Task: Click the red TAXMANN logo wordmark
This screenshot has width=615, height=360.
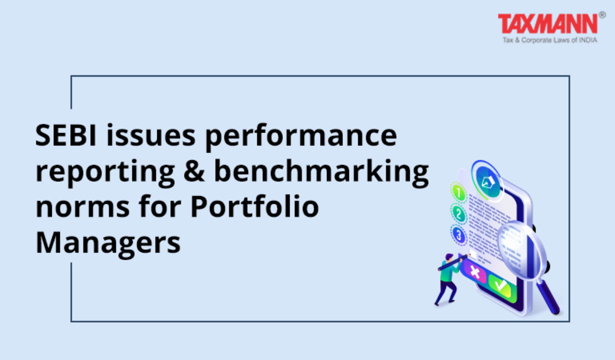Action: point(548,24)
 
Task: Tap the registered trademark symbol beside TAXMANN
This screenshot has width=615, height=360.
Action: point(602,15)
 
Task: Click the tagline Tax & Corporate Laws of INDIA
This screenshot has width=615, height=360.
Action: point(550,40)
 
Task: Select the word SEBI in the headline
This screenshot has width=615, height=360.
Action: point(66,135)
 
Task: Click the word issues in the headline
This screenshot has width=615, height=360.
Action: point(151,135)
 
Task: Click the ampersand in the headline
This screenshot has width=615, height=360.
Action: point(194,171)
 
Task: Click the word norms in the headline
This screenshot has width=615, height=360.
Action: point(83,208)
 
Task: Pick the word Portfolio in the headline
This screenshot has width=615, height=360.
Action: point(255,206)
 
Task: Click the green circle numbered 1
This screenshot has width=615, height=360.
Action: point(459,193)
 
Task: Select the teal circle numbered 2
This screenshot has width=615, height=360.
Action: point(458,214)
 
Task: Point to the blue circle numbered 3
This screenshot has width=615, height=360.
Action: point(458,235)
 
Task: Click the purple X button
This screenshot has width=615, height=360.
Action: point(475,271)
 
